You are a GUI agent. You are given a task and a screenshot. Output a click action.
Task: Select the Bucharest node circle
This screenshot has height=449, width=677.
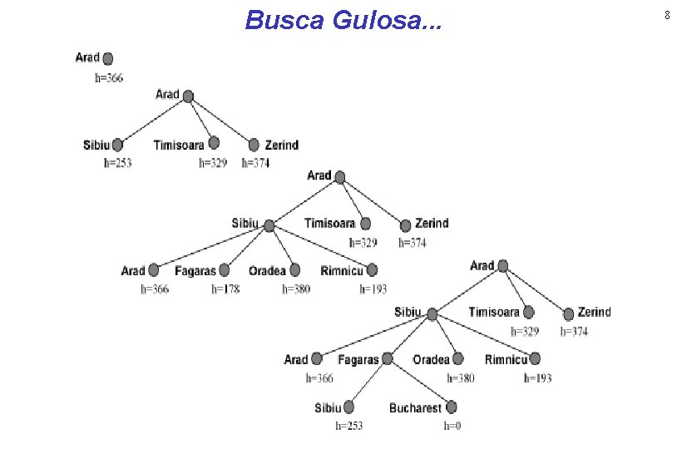point(451,407)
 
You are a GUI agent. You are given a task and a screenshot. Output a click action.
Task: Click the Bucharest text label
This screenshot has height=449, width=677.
point(415,408)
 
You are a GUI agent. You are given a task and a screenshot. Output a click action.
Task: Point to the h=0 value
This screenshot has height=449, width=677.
point(452,426)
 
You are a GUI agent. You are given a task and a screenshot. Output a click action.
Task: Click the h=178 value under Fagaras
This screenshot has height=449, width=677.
point(225,289)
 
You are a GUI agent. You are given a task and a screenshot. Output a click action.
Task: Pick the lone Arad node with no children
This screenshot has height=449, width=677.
point(107,58)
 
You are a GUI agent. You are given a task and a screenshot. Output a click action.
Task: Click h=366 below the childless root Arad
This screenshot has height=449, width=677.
point(109,78)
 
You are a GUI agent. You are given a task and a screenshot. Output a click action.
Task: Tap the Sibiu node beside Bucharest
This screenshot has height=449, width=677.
point(348,407)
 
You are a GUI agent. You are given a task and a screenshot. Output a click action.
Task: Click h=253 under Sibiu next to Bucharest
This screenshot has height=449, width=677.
point(349,426)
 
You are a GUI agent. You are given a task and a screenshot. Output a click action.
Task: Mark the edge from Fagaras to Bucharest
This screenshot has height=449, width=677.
point(418,383)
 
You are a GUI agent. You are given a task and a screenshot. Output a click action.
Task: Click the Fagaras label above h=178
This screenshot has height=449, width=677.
point(195,271)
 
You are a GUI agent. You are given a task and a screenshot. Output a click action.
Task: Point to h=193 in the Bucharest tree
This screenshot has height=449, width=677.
point(537,378)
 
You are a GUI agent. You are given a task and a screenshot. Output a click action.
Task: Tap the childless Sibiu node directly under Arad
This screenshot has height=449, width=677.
point(117,145)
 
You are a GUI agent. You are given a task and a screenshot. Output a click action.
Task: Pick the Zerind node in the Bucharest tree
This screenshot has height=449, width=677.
point(570,313)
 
